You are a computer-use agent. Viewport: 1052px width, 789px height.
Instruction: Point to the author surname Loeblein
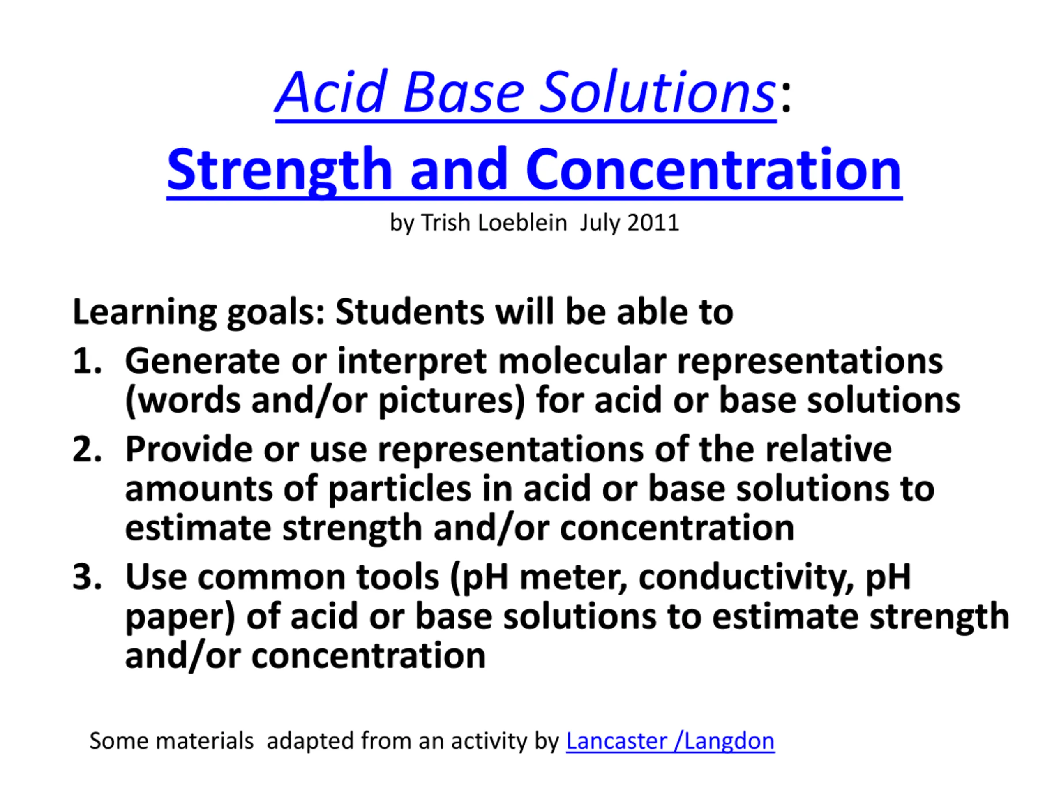point(522,223)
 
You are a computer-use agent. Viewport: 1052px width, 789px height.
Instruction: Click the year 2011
point(653,223)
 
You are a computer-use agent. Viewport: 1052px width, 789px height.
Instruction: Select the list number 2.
point(87,449)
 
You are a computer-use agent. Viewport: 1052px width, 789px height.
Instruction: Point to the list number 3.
point(87,577)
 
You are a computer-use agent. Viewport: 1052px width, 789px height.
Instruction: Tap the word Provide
point(189,449)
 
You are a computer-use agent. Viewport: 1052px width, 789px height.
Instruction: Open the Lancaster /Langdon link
point(670,741)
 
